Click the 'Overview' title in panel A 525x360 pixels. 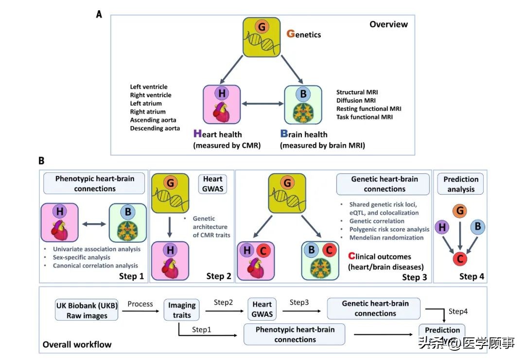point(388,24)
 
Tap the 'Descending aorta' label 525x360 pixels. point(155,128)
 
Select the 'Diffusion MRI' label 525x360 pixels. point(357,100)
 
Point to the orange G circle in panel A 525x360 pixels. point(262,27)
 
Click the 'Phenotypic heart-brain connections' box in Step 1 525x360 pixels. point(95,183)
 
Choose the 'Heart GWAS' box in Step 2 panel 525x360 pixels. point(212,183)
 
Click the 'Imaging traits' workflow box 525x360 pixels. point(182,310)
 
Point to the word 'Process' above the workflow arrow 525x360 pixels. point(140,304)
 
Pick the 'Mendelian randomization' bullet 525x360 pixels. point(386,237)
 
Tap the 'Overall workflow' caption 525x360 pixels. point(77,344)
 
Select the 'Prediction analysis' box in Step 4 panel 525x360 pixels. point(461,184)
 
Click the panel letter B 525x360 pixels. point(42,160)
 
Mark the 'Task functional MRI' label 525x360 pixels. point(365,117)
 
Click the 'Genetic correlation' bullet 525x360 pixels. point(376,221)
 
